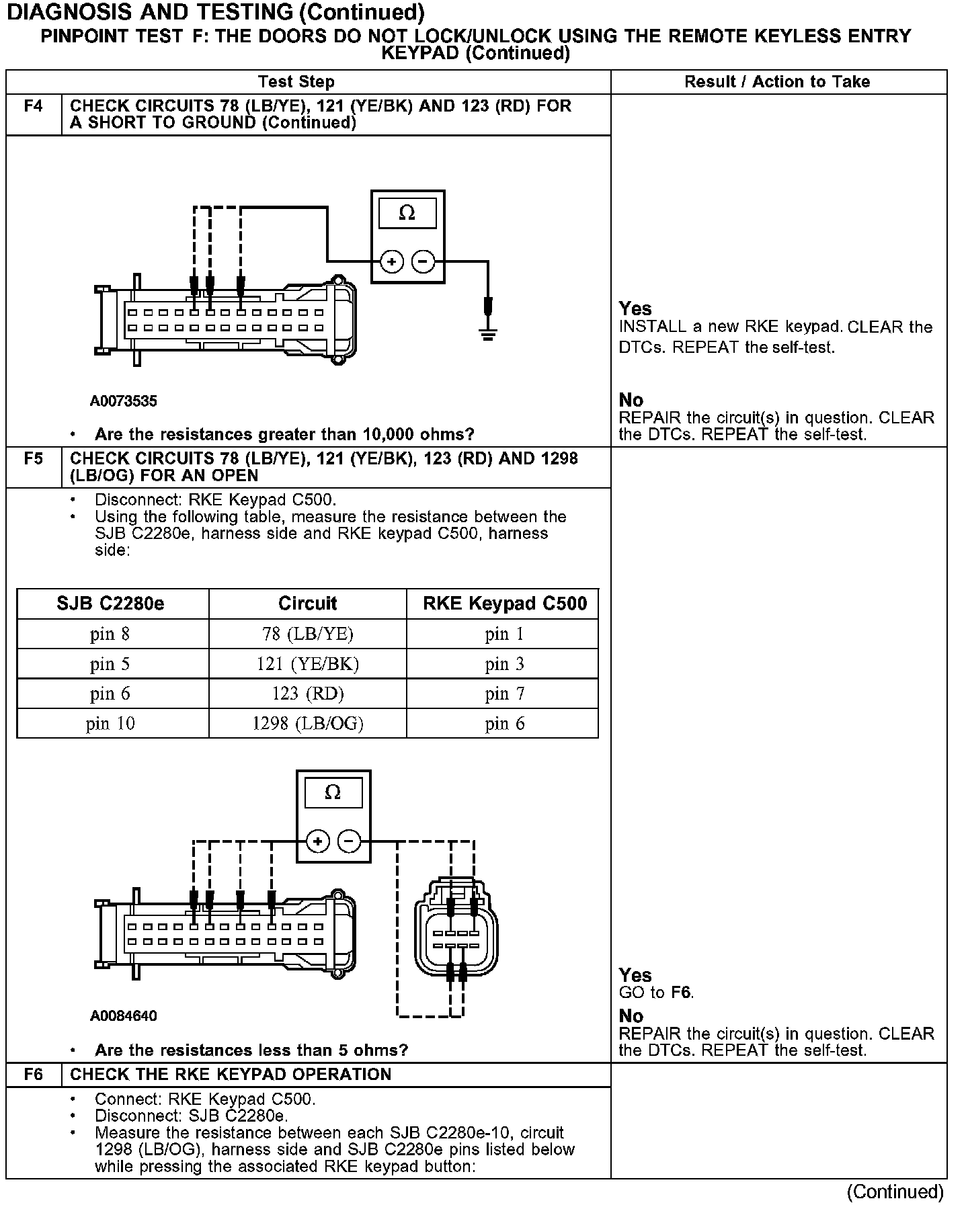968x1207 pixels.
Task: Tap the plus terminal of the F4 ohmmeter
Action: click(391, 261)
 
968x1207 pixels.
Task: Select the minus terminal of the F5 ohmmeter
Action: click(349, 841)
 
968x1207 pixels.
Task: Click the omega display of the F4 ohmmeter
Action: click(407, 214)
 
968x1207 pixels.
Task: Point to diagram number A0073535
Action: click(124, 401)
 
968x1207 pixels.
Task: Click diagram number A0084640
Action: click(124, 1015)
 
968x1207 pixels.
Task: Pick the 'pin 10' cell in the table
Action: click(111, 723)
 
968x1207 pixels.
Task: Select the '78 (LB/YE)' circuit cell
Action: click(307, 634)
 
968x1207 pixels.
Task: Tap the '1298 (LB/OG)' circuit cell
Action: click(307, 723)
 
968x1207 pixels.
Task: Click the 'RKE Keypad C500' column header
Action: click(504, 603)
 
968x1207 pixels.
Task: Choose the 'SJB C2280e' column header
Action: click(111, 603)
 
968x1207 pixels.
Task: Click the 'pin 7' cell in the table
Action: click(504, 694)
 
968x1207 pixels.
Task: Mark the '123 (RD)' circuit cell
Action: click(307, 694)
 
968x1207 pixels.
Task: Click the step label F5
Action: click(34, 459)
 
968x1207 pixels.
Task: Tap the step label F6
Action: click(34, 1075)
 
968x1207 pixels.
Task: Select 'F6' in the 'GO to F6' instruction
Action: click(682, 993)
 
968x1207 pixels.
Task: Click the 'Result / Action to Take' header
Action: click(777, 82)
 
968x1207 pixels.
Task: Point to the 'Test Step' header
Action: click(296, 82)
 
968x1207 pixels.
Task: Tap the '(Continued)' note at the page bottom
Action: click(895, 1192)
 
